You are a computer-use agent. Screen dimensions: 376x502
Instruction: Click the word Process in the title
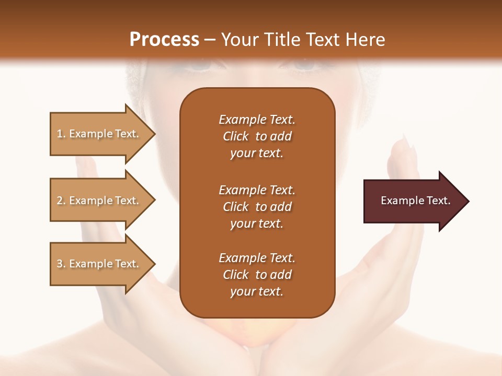point(164,40)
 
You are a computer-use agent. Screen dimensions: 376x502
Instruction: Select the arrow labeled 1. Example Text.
point(99,134)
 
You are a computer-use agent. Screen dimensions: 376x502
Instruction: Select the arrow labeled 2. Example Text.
point(99,201)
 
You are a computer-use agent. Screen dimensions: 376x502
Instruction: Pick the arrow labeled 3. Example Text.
point(99,264)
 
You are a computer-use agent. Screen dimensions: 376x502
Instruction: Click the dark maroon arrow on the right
point(413,201)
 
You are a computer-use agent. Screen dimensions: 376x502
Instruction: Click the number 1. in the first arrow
point(61,134)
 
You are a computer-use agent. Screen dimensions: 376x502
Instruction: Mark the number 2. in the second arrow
point(61,201)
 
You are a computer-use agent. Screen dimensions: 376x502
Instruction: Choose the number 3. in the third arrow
point(61,264)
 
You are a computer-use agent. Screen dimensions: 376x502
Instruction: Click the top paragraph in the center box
point(257,136)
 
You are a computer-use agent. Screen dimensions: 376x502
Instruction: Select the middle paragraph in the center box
point(257,207)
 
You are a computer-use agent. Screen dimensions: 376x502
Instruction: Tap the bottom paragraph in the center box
point(257,275)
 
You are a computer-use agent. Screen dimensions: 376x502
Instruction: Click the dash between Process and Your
point(210,40)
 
